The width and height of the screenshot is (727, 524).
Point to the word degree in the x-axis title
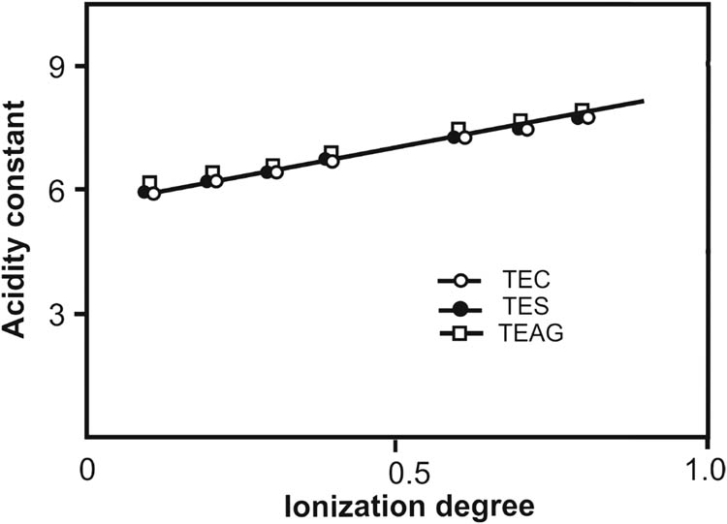tap(458, 505)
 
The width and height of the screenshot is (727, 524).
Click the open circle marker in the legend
tap(461, 282)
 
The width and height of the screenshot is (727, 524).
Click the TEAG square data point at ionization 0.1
tap(149, 182)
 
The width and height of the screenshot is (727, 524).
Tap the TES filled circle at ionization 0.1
tap(144, 192)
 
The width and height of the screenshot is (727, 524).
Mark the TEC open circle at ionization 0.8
tap(587, 117)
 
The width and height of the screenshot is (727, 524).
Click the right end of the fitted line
tap(644, 101)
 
